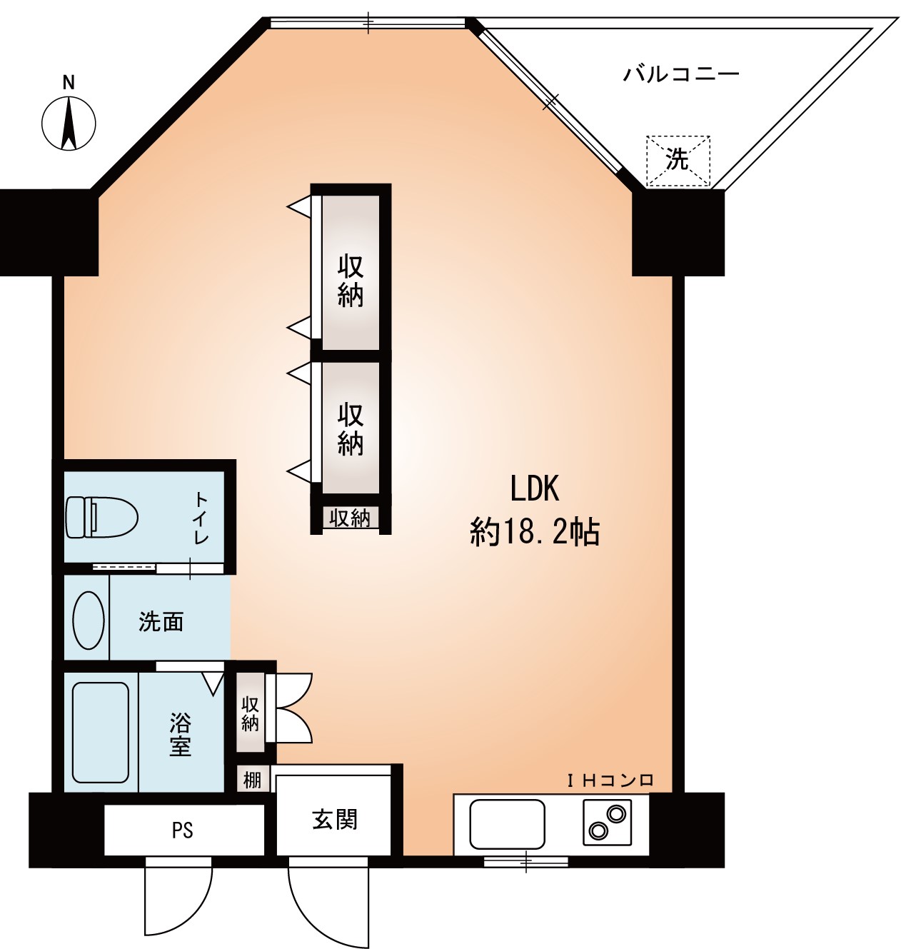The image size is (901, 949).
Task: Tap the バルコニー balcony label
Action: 680,74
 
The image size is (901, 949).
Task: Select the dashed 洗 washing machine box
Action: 678,160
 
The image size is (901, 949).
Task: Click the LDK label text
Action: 534,489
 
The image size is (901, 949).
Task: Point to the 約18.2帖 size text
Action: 534,533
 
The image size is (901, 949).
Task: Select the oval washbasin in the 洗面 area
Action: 89,620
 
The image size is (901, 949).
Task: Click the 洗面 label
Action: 161,622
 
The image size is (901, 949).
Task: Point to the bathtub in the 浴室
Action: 101,733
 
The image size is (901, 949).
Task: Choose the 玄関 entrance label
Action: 335,819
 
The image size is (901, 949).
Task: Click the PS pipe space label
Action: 182,830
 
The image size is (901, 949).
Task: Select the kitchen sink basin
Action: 507,823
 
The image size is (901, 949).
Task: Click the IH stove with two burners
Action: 607,821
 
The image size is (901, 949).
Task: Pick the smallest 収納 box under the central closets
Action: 350,518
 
